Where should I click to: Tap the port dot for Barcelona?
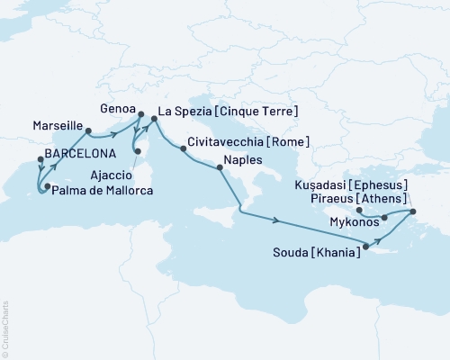[x=40, y=160]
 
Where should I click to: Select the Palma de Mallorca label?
[x=102, y=192]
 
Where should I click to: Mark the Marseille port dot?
[x=88, y=130]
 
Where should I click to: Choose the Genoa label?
[x=121, y=104]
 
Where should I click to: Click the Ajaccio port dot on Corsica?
[x=137, y=164]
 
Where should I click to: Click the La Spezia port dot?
[x=153, y=116]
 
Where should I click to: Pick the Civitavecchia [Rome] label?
[x=249, y=142]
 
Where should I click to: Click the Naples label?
[x=254, y=159]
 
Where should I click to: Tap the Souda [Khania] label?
[x=318, y=255]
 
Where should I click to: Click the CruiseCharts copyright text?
[x=4, y=328]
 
